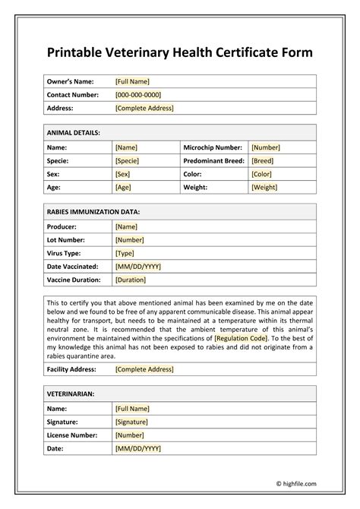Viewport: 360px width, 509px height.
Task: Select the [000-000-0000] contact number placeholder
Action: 137,95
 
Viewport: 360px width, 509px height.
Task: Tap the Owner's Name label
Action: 71,81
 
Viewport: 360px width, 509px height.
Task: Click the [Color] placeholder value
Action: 261,174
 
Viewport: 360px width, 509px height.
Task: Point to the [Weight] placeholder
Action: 264,187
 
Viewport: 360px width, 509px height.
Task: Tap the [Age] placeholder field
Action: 124,187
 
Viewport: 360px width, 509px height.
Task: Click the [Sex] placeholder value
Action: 123,174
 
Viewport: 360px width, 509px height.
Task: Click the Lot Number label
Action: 67,239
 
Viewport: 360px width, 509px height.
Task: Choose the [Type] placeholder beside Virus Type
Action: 125,253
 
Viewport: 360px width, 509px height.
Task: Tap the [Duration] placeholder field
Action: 131,280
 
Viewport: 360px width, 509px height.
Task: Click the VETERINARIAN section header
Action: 72,394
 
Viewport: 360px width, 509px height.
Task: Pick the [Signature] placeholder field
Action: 131,422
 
